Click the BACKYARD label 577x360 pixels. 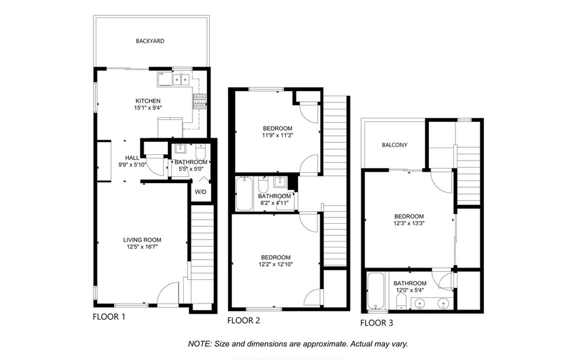coord(150,41)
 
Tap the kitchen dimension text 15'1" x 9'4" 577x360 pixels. coord(148,108)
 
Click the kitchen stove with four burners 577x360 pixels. coord(200,101)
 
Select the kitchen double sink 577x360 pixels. coord(181,79)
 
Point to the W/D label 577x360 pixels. coord(201,192)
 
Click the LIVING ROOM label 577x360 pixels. coord(142,240)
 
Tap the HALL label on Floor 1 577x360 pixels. coord(132,158)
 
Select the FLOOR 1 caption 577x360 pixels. coord(109,317)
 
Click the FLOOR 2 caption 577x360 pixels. coord(243,321)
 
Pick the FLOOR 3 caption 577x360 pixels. coord(376,323)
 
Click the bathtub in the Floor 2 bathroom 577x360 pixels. coord(245,194)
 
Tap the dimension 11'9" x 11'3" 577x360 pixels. coord(277,135)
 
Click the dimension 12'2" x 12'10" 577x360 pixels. coord(276,264)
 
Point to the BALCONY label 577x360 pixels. coord(394,145)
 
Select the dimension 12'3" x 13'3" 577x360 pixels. coord(409,223)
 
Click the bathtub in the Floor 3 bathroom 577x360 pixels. coord(375,291)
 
